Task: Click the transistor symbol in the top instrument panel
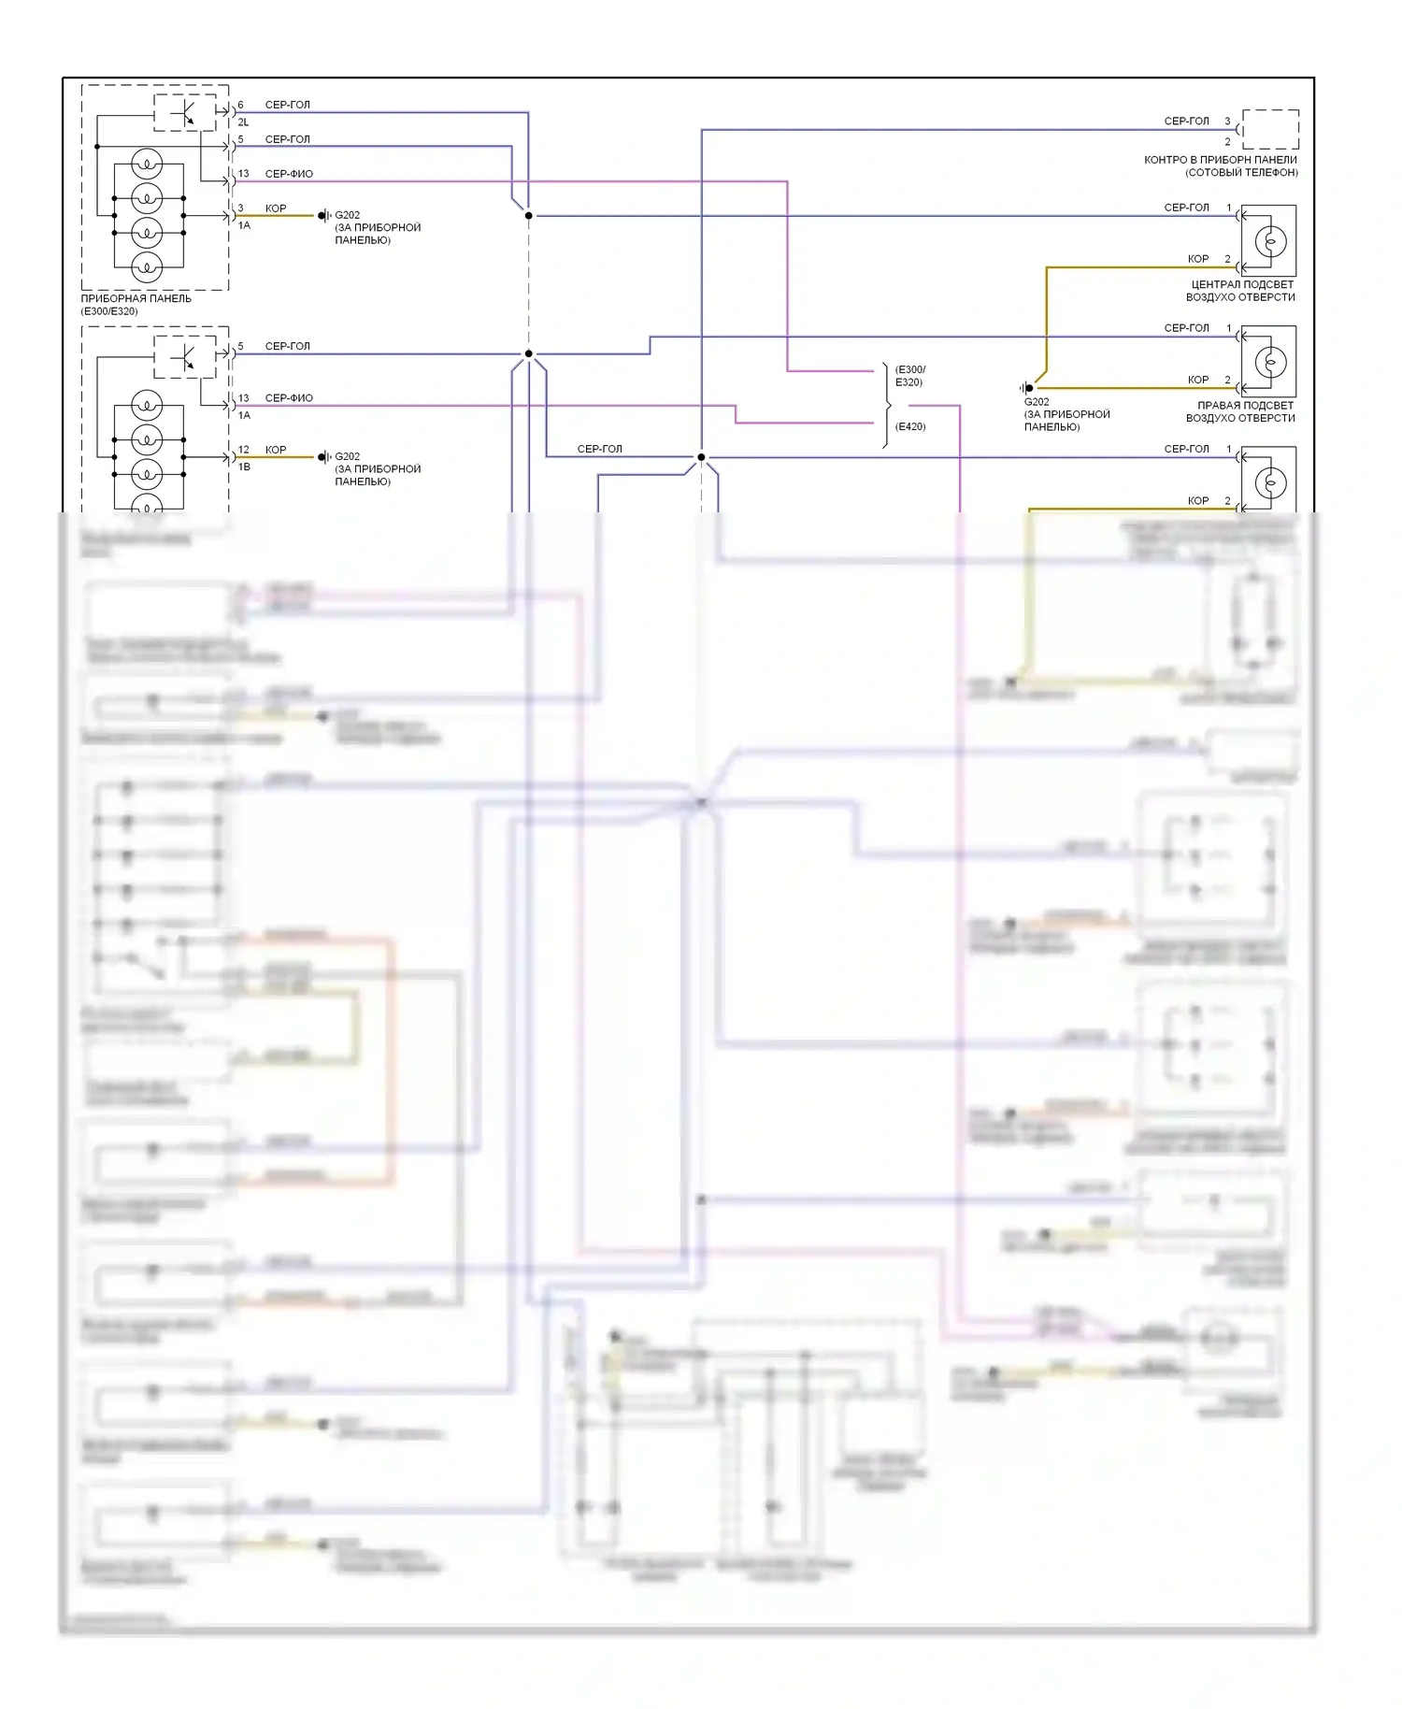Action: coord(186,112)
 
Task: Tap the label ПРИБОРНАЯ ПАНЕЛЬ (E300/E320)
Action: coord(136,305)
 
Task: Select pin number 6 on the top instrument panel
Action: coord(240,105)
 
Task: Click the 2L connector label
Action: coord(243,122)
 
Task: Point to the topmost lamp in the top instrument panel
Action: coord(147,164)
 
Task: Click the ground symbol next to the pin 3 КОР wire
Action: coord(322,216)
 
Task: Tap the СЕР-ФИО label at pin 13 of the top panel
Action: coord(289,174)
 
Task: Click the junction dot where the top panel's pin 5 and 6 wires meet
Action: coord(528,216)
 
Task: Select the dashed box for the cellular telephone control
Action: coord(1270,129)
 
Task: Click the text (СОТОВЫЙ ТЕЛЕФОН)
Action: coord(1241,173)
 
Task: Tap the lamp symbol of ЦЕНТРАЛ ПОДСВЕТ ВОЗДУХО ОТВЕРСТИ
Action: coord(1270,241)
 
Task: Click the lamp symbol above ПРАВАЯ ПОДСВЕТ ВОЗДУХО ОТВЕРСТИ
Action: coord(1270,362)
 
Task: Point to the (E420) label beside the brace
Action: coord(910,426)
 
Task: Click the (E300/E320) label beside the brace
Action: coord(910,376)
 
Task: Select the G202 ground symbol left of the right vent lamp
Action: coord(1028,388)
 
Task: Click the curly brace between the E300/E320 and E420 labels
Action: coord(886,406)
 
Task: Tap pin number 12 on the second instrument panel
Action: coord(243,450)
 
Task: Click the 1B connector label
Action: coord(244,467)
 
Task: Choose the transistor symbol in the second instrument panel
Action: coord(186,356)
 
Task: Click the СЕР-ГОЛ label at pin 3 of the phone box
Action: coord(1186,122)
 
